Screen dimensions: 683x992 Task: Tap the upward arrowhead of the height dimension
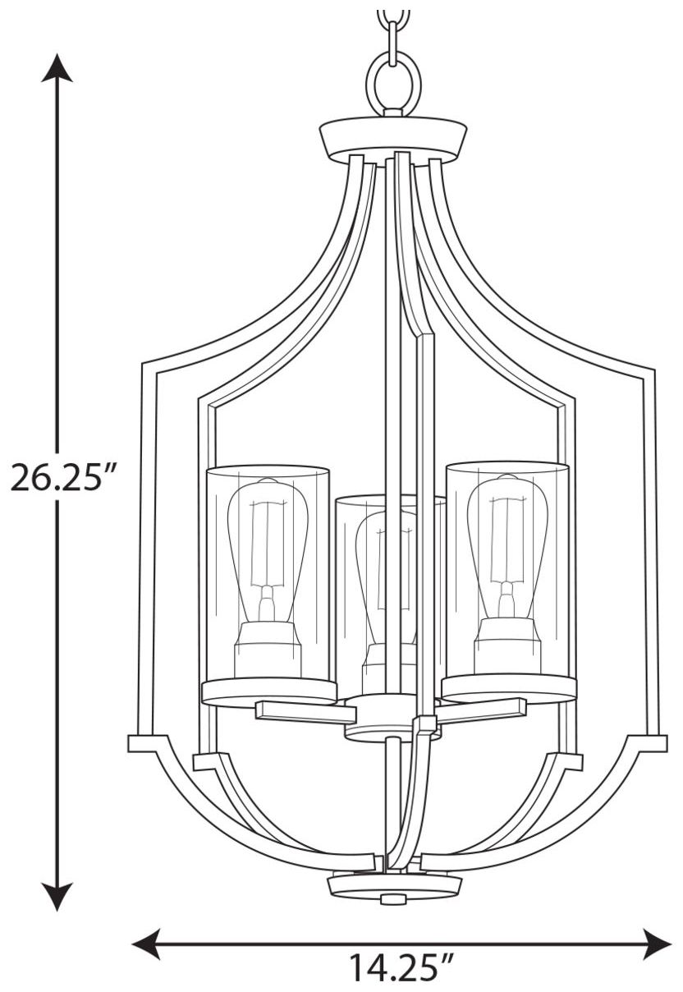[x=57, y=68]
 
